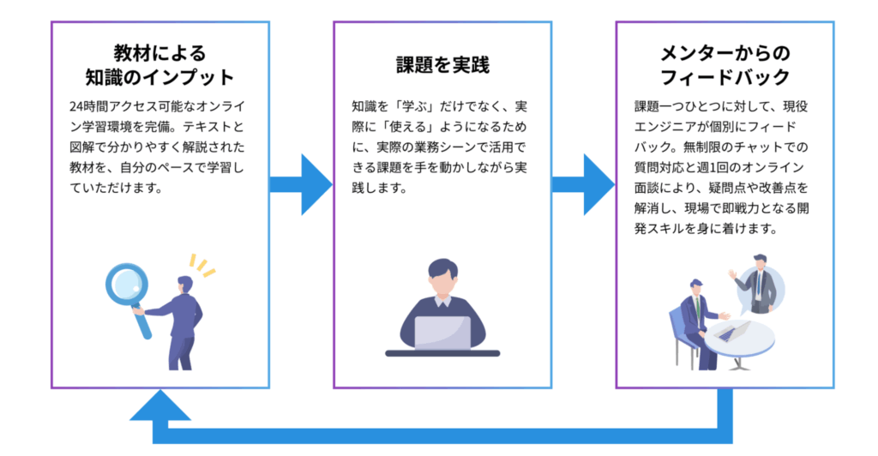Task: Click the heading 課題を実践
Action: pyautogui.click(x=442, y=64)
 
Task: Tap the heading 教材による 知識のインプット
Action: pyautogui.click(x=159, y=64)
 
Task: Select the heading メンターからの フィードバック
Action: pyautogui.click(x=725, y=64)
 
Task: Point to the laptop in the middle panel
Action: pyautogui.click(x=442, y=333)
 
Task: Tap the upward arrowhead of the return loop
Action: pyautogui.click(x=160, y=405)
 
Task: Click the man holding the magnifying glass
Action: pyautogui.click(x=182, y=321)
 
